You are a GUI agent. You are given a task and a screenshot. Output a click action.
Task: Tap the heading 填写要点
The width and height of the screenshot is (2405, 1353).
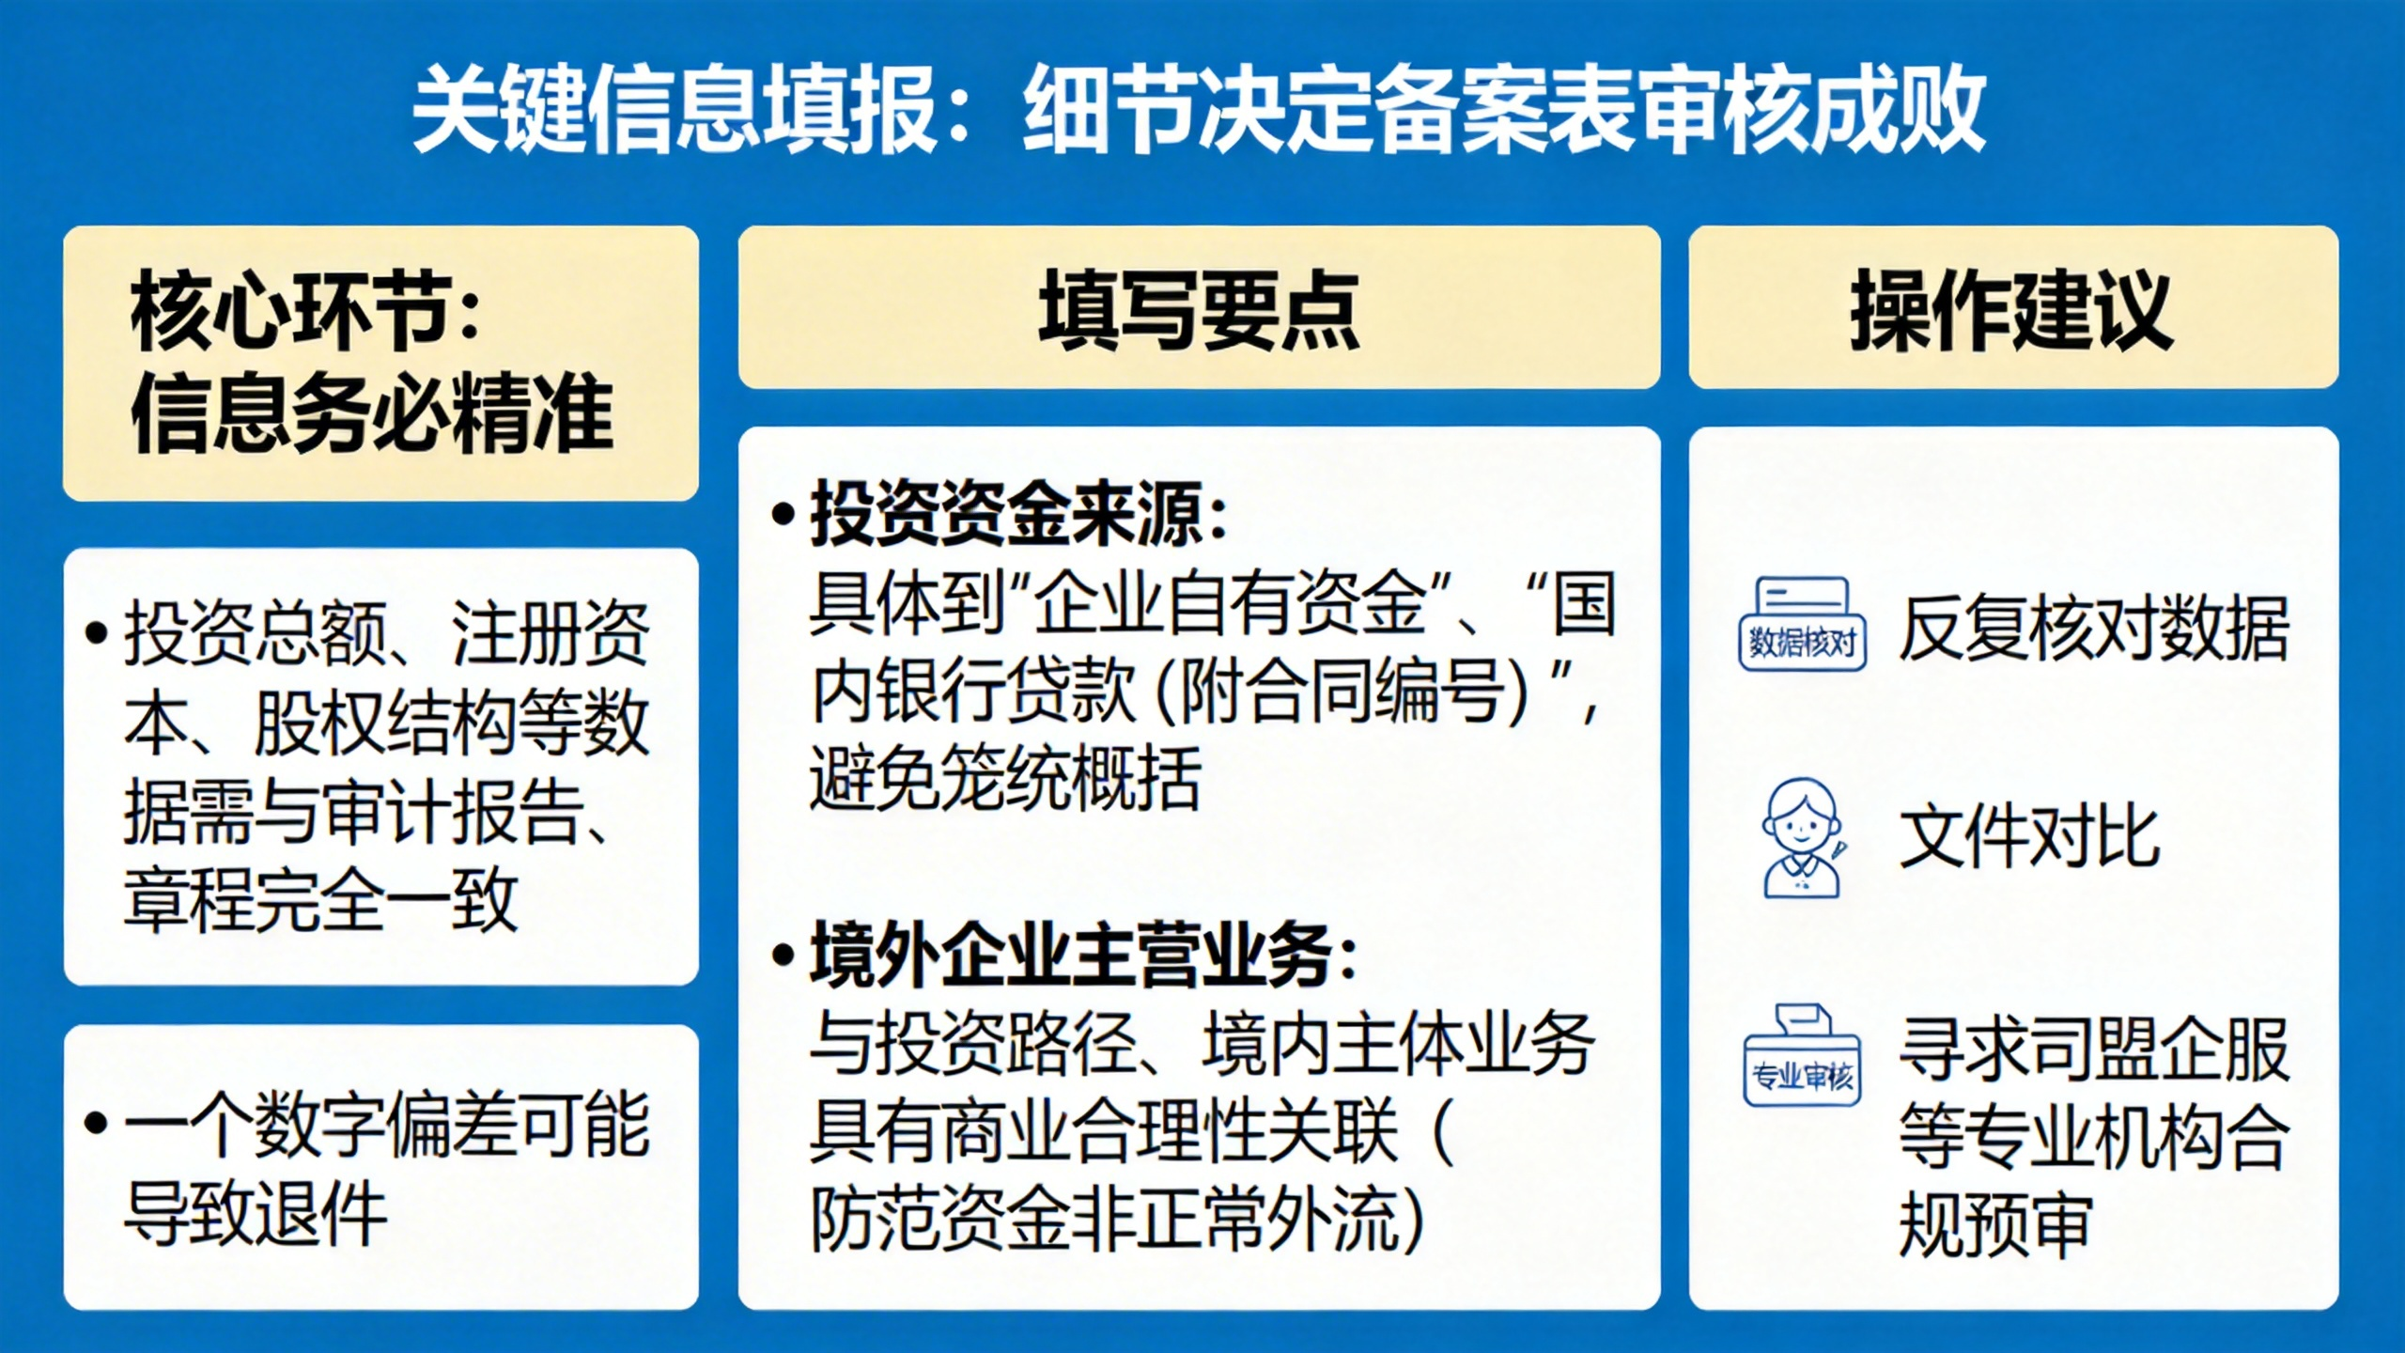(x=1199, y=310)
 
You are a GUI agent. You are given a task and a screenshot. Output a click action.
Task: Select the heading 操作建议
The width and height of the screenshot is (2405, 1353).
(x=2012, y=310)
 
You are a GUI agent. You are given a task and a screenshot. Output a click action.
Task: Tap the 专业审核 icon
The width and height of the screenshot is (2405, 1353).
(x=1802, y=1055)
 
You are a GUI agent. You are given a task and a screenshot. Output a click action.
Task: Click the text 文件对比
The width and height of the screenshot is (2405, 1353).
(x=2029, y=837)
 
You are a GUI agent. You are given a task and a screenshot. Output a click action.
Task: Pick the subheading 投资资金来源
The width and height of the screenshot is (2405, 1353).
(x=1007, y=515)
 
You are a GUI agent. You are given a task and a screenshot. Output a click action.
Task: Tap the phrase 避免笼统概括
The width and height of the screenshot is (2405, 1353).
(x=1005, y=778)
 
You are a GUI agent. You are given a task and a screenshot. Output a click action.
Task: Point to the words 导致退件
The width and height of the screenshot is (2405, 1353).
(x=256, y=1213)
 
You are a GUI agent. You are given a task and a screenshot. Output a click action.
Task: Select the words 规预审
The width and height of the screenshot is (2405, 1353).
(x=1995, y=1224)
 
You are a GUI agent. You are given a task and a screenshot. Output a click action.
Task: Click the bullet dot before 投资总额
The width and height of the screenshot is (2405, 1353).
(x=96, y=632)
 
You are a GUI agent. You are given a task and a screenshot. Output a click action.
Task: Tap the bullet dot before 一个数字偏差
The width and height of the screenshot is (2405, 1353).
(x=96, y=1123)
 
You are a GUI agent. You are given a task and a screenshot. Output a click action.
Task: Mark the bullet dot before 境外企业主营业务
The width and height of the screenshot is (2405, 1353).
(x=783, y=956)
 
